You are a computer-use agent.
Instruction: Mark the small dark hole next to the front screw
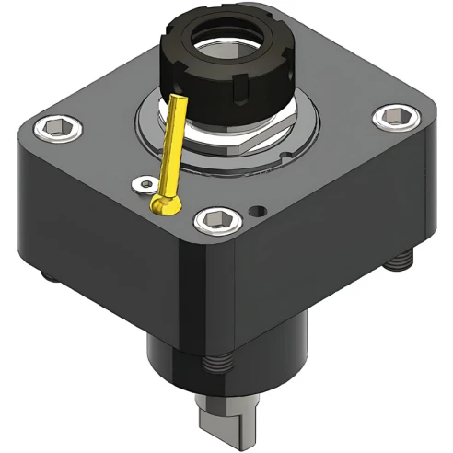point(261,210)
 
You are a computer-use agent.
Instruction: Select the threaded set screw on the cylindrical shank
point(216,363)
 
